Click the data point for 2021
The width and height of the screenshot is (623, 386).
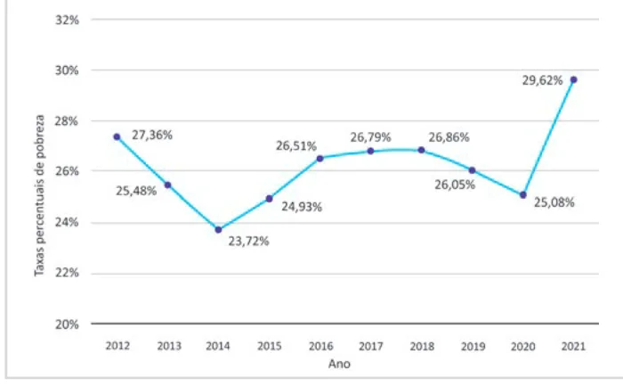[573, 79]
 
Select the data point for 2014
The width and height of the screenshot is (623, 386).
[218, 230]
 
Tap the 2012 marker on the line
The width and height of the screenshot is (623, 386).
[117, 137]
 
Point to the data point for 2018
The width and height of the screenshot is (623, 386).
[421, 150]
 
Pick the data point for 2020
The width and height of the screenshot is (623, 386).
[523, 195]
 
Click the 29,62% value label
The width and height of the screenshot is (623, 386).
[542, 81]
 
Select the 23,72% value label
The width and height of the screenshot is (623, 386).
[248, 242]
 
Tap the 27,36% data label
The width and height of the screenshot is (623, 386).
[152, 136]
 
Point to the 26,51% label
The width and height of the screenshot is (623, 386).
[296, 146]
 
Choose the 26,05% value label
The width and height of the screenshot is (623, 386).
[455, 185]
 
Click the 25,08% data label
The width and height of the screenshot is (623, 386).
[554, 202]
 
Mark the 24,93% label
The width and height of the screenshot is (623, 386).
[302, 207]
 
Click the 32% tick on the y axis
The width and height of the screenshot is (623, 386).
[67, 20]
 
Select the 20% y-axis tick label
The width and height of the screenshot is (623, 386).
[67, 324]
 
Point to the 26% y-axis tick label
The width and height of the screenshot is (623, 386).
[67, 171]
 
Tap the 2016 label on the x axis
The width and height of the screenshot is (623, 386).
[320, 346]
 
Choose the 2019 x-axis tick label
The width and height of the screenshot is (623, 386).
[473, 347]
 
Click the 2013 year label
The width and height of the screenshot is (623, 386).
[169, 346]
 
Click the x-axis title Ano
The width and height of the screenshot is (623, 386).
[339, 364]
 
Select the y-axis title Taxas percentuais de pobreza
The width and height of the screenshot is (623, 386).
[39, 195]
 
